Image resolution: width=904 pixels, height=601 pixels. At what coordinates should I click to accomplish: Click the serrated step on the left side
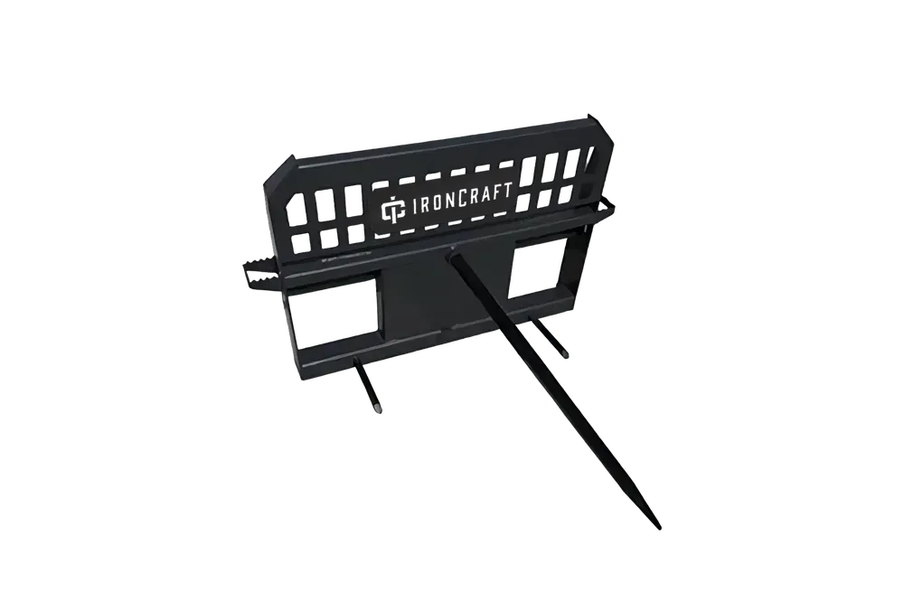tap(259, 273)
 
